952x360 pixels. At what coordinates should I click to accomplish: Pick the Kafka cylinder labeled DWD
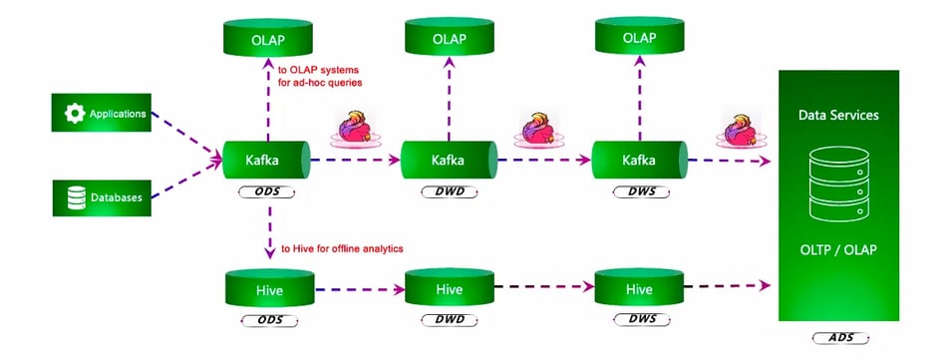tap(447, 159)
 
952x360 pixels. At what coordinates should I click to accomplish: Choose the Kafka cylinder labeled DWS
tap(638, 159)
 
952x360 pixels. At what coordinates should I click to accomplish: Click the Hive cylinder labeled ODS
tap(266, 289)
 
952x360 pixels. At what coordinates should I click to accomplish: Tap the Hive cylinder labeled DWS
tap(638, 289)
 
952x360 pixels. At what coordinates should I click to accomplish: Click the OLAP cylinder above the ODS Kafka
tap(266, 39)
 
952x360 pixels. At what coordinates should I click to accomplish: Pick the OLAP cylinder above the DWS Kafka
tap(638, 39)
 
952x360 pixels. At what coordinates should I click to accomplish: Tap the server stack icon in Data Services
tap(837, 186)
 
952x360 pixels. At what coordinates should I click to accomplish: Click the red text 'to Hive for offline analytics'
tap(343, 248)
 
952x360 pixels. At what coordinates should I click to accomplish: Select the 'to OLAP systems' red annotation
tap(320, 77)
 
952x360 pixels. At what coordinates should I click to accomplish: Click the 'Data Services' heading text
tap(837, 115)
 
